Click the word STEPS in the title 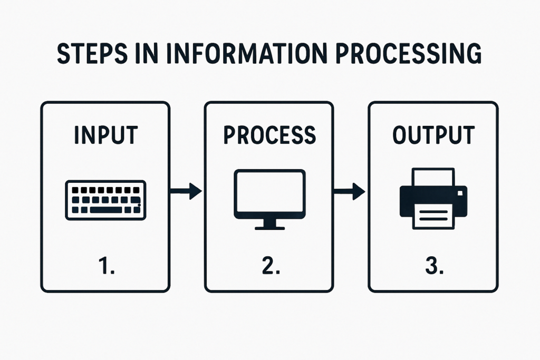[x=92, y=53]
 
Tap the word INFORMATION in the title [x=246, y=53]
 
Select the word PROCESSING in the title [x=409, y=53]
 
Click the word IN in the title [x=147, y=53]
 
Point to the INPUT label [x=106, y=135]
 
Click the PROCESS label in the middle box [x=269, y=135]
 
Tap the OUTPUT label [x=433, y=135]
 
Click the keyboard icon [x=105, y=200]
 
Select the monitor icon [x=269, y=199]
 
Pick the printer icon [x=433, y=199]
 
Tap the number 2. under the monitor [x=271, y=266]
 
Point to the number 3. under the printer [x=435, y=266]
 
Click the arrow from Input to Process [x=186, y=191]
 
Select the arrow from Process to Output [x=350, y=191]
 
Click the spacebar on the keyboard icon [x=106, y=210]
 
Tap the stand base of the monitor [x=269, y=228]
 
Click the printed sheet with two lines [x=433, y=216]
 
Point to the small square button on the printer [x=460, y=193]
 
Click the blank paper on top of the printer [x=433, y=177]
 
